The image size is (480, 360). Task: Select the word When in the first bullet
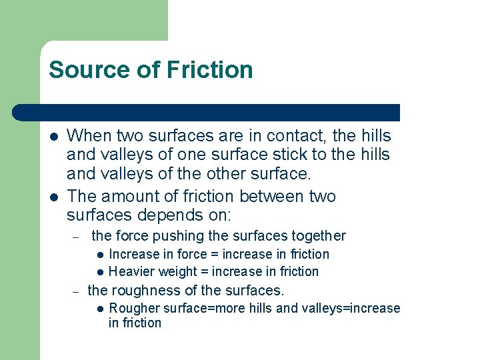coord(90,136)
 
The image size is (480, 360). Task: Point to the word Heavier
coord(131,271)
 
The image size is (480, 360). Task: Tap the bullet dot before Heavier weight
coord(99,272)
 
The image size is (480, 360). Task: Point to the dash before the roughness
coord(76,291)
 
